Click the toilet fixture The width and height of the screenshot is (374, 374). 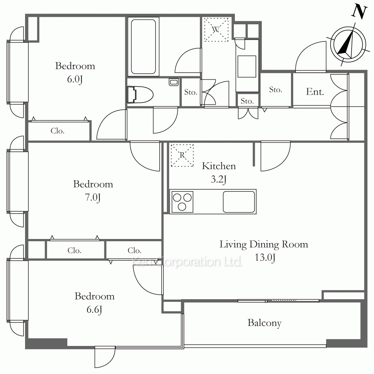(140, 95)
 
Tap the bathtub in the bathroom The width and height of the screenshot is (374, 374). (143, 46)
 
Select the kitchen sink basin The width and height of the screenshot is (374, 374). (239, 202)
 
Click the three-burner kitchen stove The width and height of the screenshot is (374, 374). (182, 202)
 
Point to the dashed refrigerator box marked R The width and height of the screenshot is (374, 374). (182, 155)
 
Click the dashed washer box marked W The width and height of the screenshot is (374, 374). (216, 30)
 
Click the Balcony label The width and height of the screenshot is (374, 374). (264, 323)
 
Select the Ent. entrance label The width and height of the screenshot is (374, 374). (315, 92)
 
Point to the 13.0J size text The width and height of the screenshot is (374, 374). (265, 257)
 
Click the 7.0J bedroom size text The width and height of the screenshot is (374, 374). (93, 197)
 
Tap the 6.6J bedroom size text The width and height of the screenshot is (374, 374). (95, 310)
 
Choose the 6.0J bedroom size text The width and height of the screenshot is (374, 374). (75, 79)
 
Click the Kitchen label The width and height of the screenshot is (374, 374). (219, 166)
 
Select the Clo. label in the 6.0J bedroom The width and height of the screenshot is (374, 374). (58, 131)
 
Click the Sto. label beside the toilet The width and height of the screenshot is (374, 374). (191, 92)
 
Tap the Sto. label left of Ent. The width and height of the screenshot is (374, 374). (276, 90)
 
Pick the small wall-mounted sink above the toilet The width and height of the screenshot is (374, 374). (174, 82)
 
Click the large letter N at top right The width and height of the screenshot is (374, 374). (359, 12)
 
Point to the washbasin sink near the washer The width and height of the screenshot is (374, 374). (246, 66)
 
